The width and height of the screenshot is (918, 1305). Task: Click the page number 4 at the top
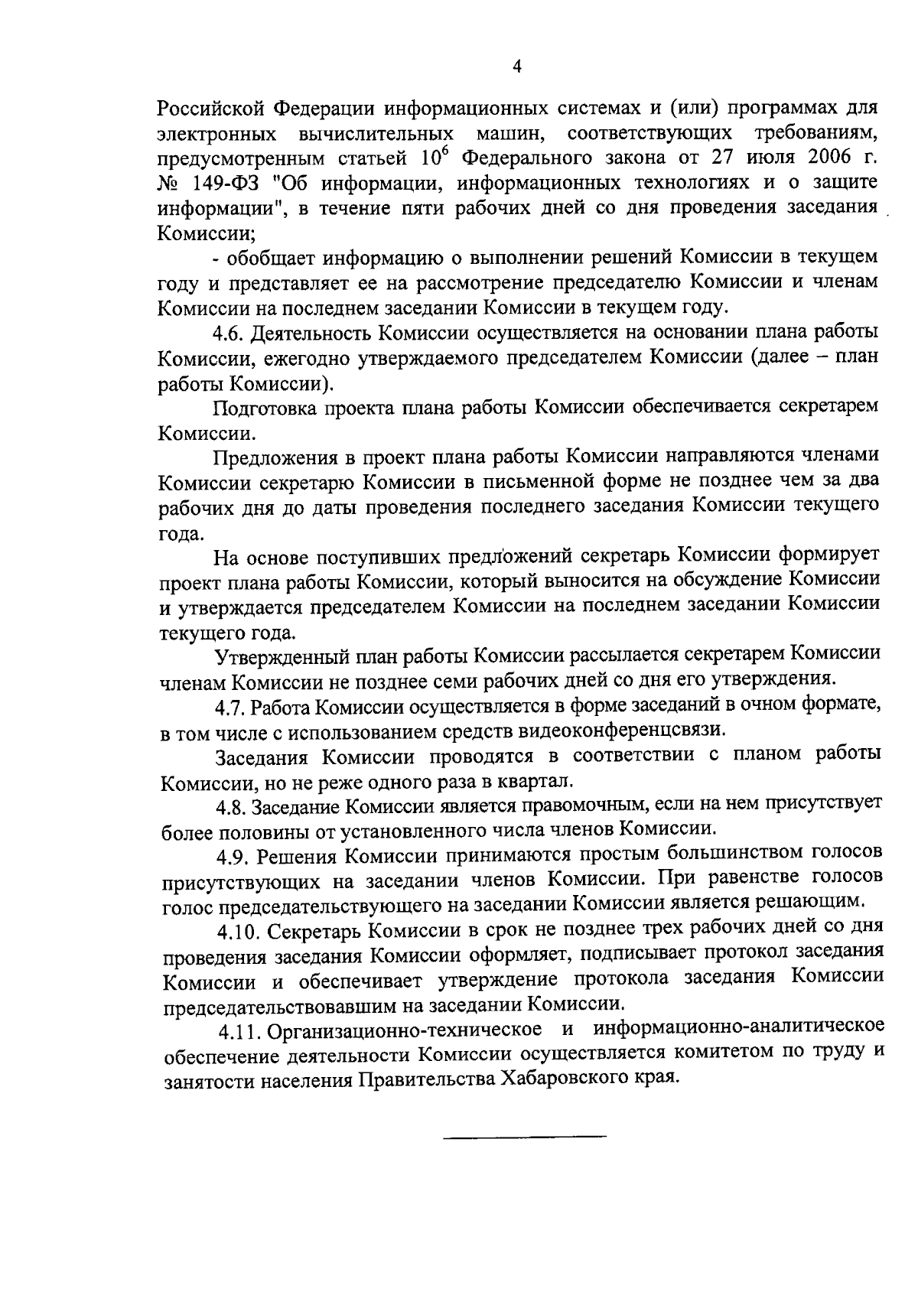[516, 67]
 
